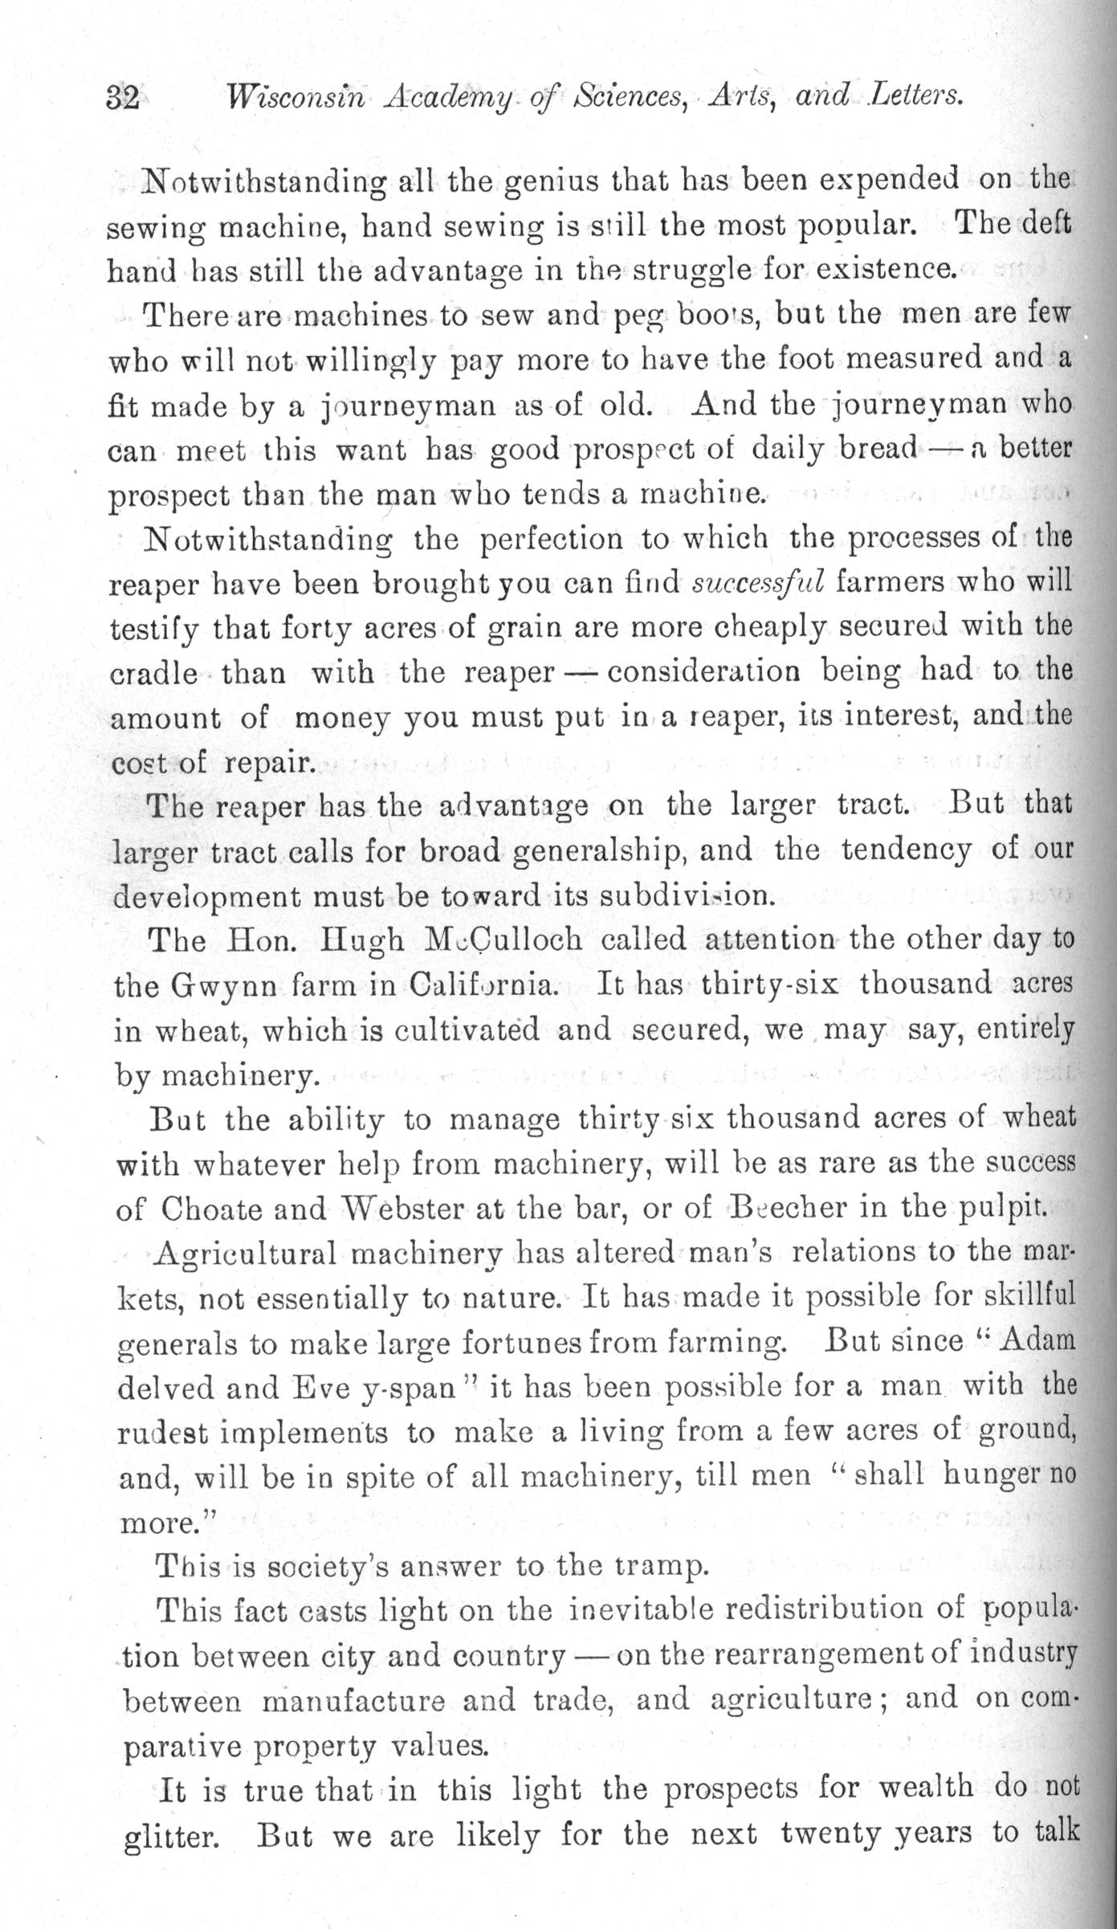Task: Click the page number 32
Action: [x=123, y=98]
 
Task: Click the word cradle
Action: [x=153, y=671]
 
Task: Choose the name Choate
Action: [x=212, y=1209]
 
